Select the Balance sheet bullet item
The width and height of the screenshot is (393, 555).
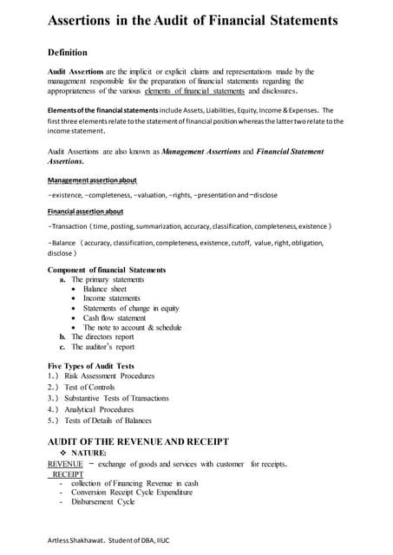pos(111,291)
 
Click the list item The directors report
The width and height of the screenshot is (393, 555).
pos(103,336)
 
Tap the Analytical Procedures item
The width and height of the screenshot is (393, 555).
pos(99,409)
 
